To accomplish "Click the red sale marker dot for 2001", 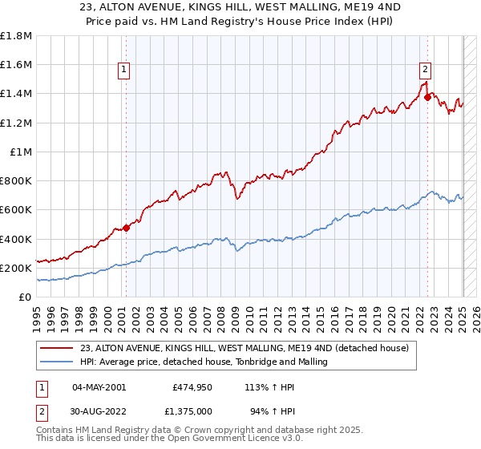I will pyautogui.click(x=126, y=229).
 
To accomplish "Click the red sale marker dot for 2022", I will pyautogui.click(x=427, y=97).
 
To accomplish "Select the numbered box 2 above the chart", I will pyautogui.click(x=425, y=69).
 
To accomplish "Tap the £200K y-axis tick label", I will pyautogui.click(x=16, y=268).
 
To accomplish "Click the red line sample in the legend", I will pyautogui.click(x=57, y=348).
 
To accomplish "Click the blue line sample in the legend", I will pyautogui.click(x=57, y=362).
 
